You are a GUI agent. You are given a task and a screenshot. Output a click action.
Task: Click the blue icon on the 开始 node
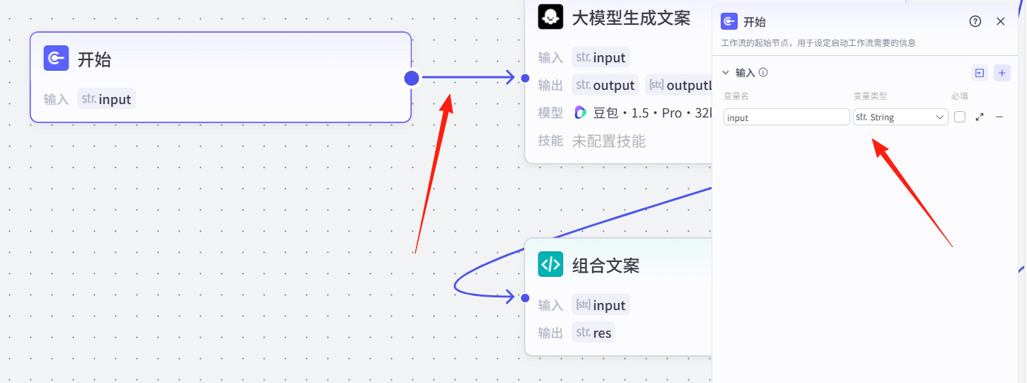tap(56, 59)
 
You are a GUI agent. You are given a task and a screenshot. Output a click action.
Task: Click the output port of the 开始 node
tap(412, 78)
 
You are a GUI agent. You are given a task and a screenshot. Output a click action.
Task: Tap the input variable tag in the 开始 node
tap(106, 99)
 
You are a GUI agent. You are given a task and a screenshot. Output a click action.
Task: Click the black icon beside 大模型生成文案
tap(550, 16)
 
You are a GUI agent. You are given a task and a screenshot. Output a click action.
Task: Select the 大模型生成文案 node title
tap(631, 18)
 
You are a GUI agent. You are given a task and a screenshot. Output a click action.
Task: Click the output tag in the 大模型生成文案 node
tap(605, 85)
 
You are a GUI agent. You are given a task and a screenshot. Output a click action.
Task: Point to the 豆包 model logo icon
tap(581, 113)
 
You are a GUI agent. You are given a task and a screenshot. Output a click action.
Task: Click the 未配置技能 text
tap(608, 141)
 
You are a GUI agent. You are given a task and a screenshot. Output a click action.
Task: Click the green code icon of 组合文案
tap(550, 265)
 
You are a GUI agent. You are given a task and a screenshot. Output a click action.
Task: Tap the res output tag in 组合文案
tap(593, 332)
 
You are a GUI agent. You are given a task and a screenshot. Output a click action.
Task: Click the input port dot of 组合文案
tap(525, 297)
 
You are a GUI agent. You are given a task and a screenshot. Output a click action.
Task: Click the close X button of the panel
tap(1000, 21)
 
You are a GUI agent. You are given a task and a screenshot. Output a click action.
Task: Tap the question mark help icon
tap(975, 21)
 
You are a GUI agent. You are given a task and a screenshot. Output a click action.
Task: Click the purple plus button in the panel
tap(1002, 73)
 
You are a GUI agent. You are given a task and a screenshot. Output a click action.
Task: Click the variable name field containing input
tap(787, 118)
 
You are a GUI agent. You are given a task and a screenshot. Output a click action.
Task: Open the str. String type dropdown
tap(900, 117)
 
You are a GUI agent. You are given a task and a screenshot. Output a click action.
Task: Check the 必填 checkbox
tap(960, 117)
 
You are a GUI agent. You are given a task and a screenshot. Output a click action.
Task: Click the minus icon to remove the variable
tap(999, 117)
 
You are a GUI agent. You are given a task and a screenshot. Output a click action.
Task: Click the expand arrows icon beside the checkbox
tap(980, 117)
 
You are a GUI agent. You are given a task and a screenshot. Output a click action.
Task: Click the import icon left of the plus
tap(979, 73)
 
